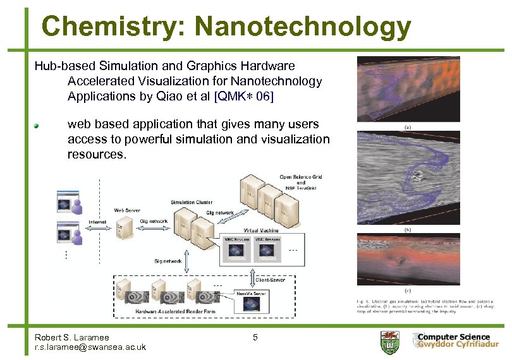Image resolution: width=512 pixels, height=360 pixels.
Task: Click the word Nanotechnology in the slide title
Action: pyautogui.click(x=303, y=27)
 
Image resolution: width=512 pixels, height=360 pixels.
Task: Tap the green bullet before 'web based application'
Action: pyautogui.click(x=38, y=125)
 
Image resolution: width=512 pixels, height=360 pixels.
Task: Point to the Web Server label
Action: pyautogui.click(x=127, y=210)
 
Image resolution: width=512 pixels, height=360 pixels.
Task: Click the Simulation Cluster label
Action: pyautogui.click(x=191, y=202)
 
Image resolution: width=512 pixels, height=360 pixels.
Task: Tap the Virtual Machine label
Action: pyautogui.click(x=260, y=231)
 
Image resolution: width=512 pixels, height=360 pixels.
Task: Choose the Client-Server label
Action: pyautogui.click(x=270, y=280)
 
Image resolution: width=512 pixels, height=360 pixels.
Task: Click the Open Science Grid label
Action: pyautogui.click(x=301, y=177)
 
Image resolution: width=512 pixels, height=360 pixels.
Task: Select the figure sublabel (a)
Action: pyautogui.click(x=408, y=126)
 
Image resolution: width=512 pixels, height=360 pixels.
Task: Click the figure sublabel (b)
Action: pyautogui.click(x=408, y=230)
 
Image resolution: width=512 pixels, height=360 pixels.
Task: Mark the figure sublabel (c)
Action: pyautogui.click(x=408, y=291)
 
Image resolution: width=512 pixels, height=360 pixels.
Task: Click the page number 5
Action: pyautogui.click(x=255, y=337)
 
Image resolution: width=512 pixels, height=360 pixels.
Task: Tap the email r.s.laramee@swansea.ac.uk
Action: pyautogui.click(x=90, y=347)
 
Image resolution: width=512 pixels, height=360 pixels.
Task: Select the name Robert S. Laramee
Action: pyautogui.click(x=72, y=337)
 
